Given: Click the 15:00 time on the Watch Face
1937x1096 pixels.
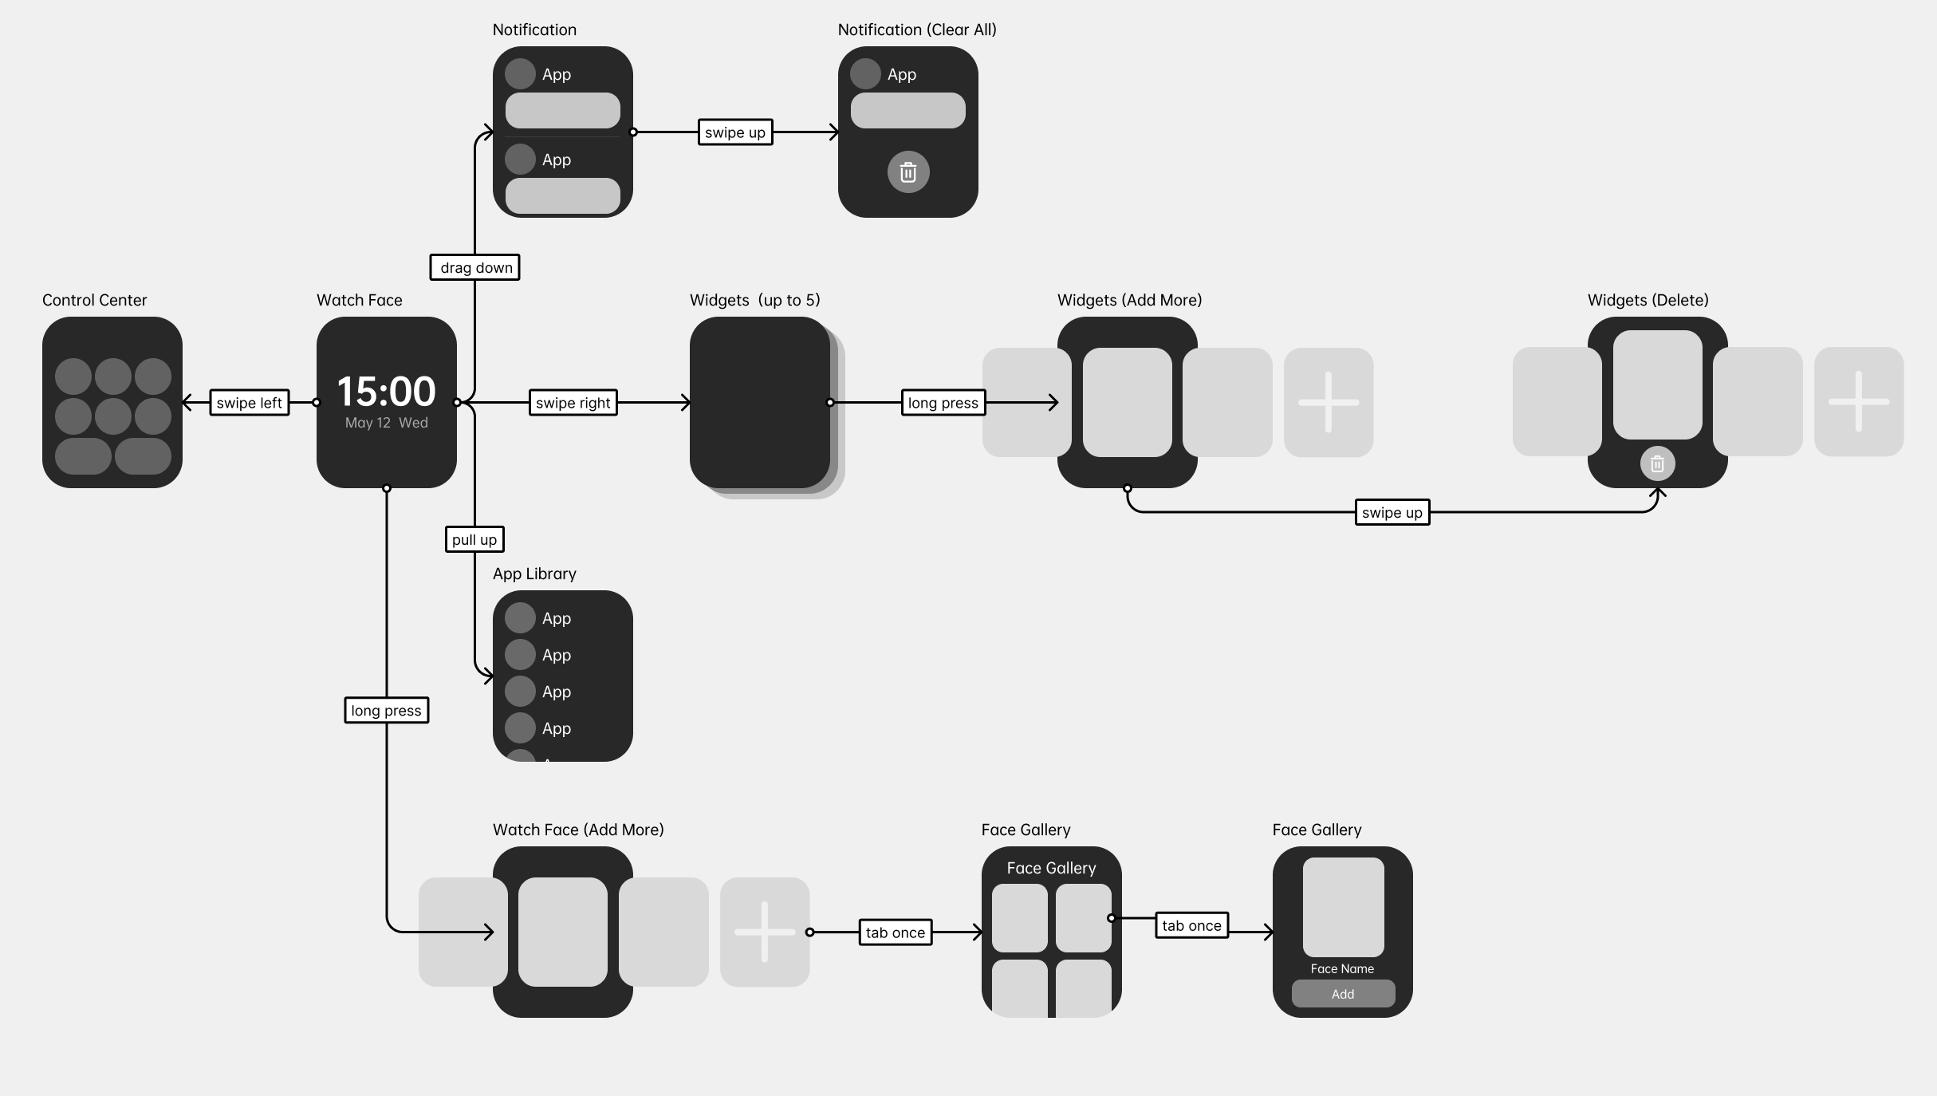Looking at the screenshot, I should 387,392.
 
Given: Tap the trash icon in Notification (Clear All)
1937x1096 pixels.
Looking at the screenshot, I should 908,172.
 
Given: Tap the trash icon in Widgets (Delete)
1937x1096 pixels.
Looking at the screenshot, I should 1657,463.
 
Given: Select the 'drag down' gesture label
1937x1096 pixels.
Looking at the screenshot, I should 475,267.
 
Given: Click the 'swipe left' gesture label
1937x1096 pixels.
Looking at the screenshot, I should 250,403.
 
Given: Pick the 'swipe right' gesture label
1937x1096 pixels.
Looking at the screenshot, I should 573,403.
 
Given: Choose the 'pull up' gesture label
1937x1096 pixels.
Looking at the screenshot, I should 474,539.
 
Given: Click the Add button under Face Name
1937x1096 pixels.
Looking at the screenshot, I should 1343,994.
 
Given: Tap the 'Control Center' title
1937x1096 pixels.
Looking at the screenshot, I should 95,300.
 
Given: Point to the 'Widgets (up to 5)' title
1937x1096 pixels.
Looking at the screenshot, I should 755,300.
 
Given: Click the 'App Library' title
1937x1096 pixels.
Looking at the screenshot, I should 534,574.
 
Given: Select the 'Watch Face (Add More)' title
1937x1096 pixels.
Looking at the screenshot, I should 578,830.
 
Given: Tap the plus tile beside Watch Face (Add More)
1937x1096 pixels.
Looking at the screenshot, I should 765,932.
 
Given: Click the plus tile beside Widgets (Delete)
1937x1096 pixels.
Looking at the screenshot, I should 1859,401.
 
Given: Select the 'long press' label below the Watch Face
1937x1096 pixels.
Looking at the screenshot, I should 387,710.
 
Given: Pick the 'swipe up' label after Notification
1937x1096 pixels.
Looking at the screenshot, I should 735,132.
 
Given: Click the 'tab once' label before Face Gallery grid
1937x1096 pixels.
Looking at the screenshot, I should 896,932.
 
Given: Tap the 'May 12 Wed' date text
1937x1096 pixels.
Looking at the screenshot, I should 387,423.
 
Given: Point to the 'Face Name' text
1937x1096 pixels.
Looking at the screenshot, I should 1343,968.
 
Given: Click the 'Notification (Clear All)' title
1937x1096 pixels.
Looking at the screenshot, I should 917,30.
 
